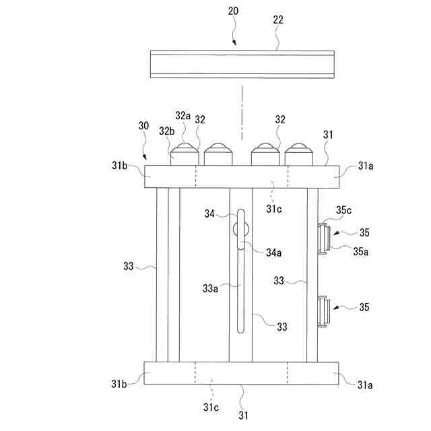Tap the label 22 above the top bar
277,20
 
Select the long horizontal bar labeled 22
242,64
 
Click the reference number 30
143,125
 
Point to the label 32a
183,116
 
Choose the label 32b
166,130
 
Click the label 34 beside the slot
209,213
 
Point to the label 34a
273,253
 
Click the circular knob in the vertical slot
241,230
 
